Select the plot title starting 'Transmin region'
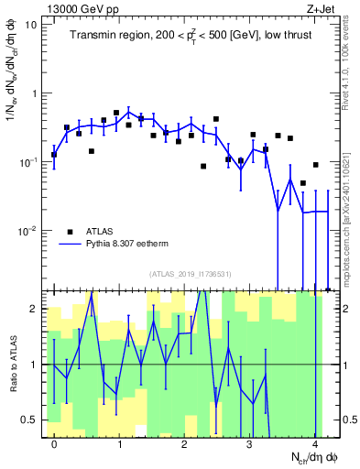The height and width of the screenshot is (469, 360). point(191,36)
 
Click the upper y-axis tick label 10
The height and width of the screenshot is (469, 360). point(30,25)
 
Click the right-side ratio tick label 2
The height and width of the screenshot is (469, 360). point(347,309)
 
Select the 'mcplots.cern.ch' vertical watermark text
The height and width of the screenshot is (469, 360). point(352,223)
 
